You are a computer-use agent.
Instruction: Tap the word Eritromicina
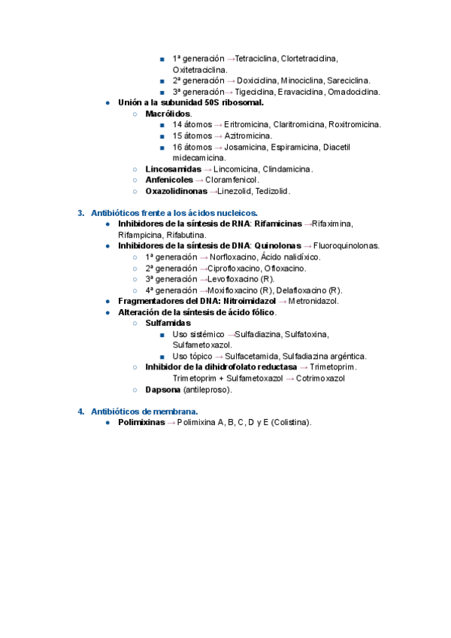[247, 124]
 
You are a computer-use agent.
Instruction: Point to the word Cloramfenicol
[232, 180]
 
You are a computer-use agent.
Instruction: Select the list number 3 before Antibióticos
[80, 213]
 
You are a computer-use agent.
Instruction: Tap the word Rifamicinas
[277, 224]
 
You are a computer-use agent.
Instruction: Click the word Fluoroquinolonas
[347, 246]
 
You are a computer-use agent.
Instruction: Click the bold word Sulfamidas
[168, 324]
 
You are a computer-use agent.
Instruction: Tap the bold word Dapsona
[162, 390]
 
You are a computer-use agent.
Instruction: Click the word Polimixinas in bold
[142, 422]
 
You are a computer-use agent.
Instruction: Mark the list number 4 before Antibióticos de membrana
[80, 412]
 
